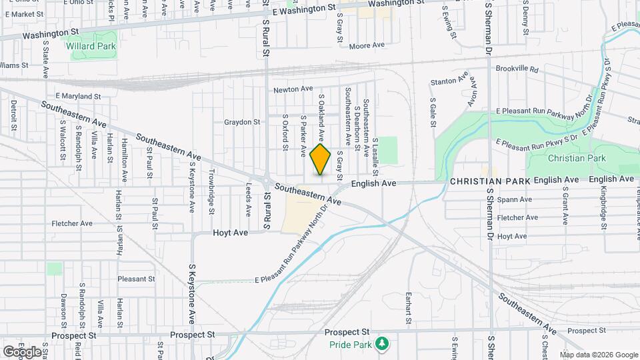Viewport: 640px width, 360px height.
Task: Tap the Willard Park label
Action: click(x=91, y=46)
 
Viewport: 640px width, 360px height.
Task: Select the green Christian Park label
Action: click(x=577, y=159)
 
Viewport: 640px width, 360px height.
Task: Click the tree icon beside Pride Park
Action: click(x=381, y=343)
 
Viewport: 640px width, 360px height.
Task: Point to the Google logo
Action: click(x=21, y=351)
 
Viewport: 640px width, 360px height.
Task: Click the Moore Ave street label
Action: click(x=367, y=45)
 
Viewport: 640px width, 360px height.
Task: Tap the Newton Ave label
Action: click(x=293, y=89)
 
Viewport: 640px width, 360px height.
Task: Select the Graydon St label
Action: click(x=241, y=122)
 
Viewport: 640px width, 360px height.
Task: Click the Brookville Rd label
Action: click(x=517, y=69)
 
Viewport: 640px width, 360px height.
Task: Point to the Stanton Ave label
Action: click(x=449, y=81)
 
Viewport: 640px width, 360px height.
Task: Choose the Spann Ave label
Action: click(x=515, y=199)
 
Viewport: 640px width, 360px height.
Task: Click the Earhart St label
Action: click(x=407, y=305)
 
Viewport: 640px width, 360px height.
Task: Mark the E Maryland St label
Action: click(x=78, y=97)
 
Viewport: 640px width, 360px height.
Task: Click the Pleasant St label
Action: click(x=136, y=279)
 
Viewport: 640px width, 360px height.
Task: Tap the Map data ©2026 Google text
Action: click(x=599, y=355)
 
